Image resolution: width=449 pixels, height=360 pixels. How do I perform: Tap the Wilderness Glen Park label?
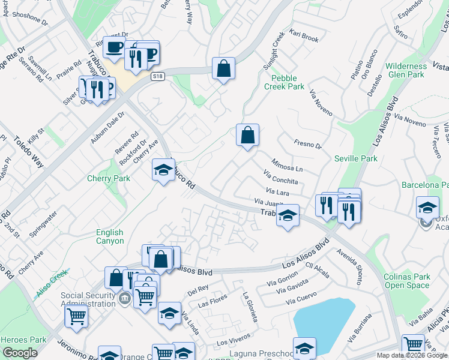[x=406, y=70]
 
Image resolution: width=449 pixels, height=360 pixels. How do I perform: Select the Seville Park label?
[x=356, y=159]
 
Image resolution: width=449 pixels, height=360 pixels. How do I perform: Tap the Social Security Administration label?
[x=88, y=299]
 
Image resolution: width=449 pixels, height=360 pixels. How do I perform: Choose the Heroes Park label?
[x=23, y=340]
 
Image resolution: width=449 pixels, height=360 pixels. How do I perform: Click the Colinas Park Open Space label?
[x=407, y=281]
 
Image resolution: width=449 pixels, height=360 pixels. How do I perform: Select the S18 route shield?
[x=158, y=76]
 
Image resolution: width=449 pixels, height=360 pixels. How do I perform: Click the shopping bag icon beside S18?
[x=223, y=69]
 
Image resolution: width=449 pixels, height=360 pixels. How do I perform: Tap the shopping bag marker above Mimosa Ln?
[x=247, y=136]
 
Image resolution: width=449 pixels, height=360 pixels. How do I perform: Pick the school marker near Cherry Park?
[x=163, y=170]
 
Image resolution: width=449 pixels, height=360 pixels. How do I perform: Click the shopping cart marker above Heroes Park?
[x=76, y=316]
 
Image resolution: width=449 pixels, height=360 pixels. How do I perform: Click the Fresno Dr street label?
[x=308, y=144]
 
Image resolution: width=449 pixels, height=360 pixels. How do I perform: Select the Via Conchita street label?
[x=280, y=178]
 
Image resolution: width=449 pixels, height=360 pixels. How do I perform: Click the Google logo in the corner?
[x=20, y=353]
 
